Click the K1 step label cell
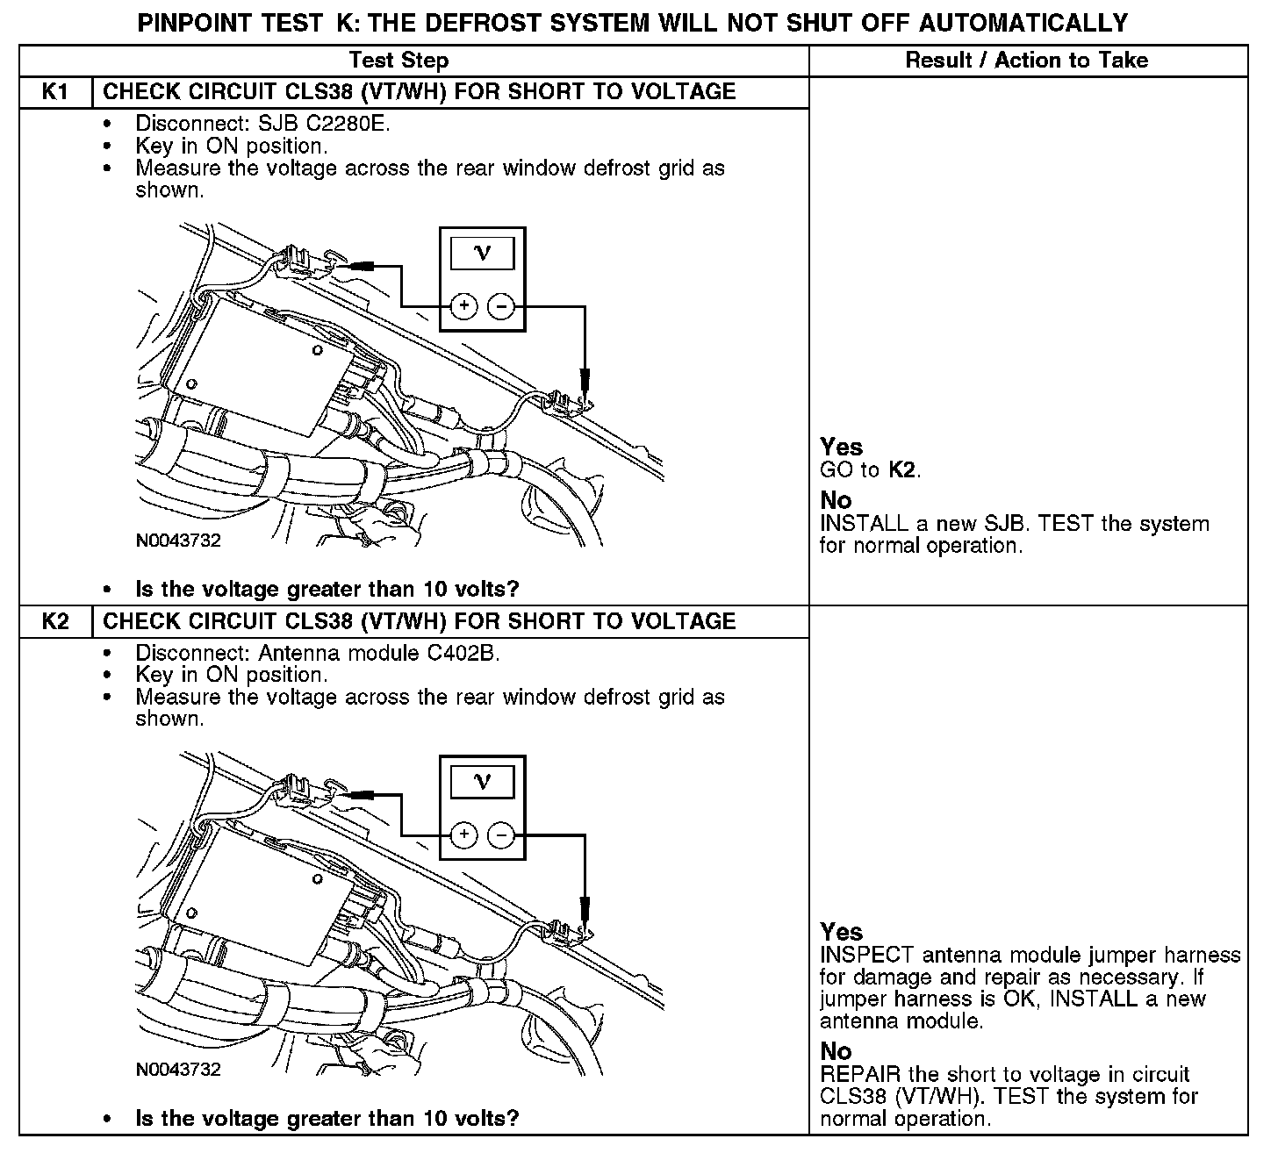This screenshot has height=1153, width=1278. click(55, 92)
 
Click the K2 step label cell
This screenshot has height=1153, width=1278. click(55, 621)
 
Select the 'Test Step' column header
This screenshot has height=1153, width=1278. click(398, 61)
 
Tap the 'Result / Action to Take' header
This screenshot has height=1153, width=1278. click(1026, 61)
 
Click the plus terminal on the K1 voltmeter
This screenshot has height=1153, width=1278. click(463, 306)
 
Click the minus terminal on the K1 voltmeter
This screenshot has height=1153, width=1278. click(500, 306)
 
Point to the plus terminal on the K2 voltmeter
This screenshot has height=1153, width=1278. click(463, 834)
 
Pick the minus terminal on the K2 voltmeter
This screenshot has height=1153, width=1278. click(500, 834)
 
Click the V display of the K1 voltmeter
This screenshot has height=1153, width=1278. click(482, 254)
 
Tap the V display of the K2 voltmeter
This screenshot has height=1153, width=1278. click(482, 781)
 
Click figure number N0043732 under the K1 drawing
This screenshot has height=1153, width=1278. click(178, 541)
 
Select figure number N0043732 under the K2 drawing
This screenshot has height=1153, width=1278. click(178, 1070)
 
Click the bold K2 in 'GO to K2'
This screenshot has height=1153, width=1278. click(902, 469)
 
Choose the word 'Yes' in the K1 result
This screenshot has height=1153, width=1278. click(842, 447)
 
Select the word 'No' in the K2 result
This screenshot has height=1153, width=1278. click(836, 1051)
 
